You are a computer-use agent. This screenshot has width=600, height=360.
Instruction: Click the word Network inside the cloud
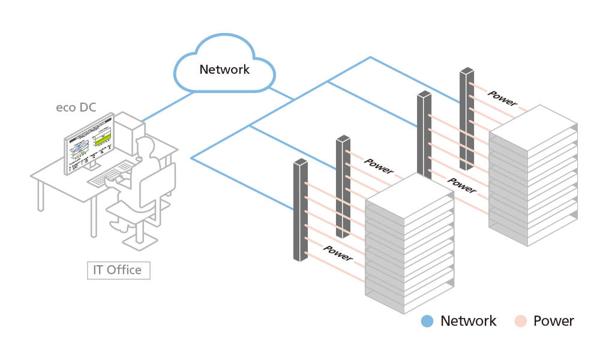pos(224,69)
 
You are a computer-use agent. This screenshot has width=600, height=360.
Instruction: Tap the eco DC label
pos(76,108)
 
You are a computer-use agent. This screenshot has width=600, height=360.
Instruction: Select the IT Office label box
pos(118,270)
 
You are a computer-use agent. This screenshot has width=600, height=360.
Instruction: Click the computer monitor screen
pos(90,145)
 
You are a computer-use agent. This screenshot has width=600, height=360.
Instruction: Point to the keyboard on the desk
pos(111,174)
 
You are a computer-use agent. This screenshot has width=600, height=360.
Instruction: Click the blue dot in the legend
pos(427,321)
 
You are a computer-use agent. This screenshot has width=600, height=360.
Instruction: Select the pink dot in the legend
pos(520,321)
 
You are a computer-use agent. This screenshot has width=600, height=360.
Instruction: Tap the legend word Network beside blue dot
pos(469,321)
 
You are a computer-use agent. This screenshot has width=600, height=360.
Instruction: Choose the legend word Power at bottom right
pos(553,321)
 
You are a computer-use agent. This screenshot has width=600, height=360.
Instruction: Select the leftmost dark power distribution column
pos(300,210)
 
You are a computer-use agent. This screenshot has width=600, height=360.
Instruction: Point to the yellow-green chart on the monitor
pos(104,139)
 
